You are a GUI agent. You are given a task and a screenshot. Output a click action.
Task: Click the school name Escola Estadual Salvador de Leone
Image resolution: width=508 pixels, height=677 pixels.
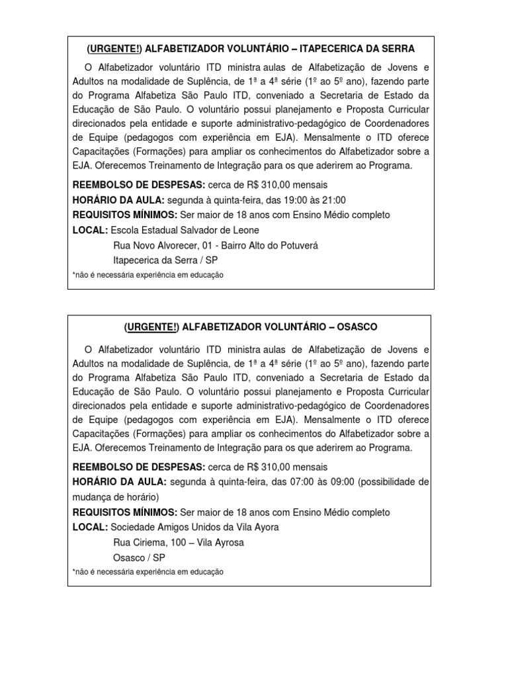click(x=185, y=230)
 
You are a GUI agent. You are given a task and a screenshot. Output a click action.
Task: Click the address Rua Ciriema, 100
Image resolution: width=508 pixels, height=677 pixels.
click(x=149, y=542)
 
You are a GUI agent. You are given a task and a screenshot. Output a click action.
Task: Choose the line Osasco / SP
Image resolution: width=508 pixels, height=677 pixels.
click(x=140, y=557)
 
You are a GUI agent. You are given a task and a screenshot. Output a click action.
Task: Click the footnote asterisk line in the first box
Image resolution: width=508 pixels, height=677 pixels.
click(x=148, y=275)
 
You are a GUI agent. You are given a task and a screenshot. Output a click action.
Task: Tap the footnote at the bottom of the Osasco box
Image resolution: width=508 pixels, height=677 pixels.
click(x=148, y=572)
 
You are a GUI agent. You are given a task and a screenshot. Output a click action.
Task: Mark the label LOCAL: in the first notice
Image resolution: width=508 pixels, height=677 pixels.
click(x=91, y=230)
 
